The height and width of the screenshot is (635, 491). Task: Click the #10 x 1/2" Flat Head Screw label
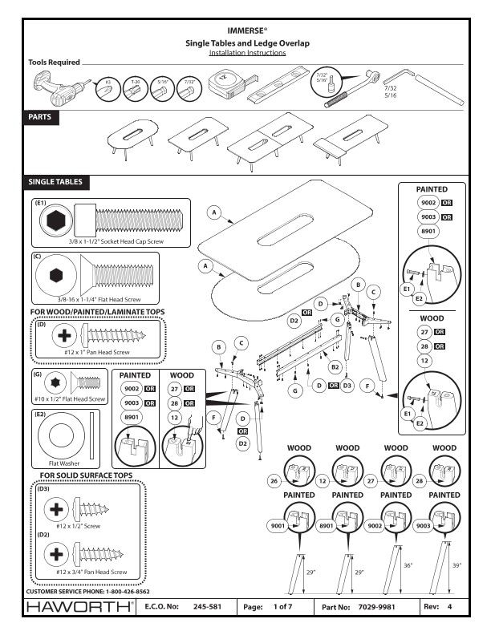coord(71,398)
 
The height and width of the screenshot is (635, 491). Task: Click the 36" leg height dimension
coord(408,566)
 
